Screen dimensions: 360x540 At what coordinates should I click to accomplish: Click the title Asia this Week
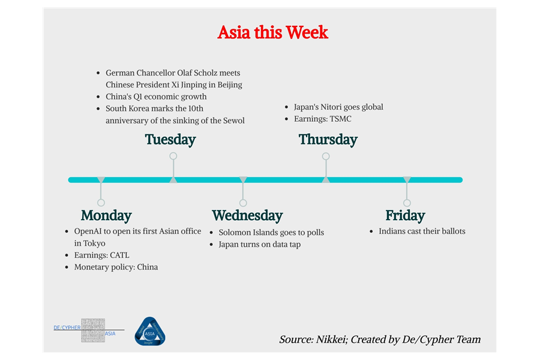point(272,32)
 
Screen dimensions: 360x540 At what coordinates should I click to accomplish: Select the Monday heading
point(106,215)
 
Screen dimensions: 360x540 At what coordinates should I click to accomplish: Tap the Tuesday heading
point(170,140)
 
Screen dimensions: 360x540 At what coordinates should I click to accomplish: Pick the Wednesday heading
point(247,215)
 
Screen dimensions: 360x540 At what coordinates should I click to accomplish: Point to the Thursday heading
point(328,140)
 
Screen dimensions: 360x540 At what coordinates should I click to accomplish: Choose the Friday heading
point(405,215)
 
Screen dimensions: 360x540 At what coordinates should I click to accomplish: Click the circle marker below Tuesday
point(173,156)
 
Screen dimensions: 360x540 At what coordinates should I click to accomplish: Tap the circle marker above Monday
point(101,203)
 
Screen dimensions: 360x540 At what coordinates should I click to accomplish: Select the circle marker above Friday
point(407,203)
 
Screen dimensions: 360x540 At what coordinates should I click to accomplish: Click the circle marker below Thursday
point(326,156)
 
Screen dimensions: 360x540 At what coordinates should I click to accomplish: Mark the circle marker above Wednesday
point(243,203)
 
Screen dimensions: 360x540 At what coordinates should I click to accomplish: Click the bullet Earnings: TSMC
point(322,119)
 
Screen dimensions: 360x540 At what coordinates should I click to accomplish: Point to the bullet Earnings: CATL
point(101,255)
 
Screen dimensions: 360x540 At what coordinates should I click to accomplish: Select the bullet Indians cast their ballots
point(422,231)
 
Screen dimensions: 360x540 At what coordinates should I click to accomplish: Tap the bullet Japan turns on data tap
point(259,244)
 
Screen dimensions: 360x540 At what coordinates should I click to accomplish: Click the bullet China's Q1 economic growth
point(156,97)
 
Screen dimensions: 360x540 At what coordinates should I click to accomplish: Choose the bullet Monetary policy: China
point(116,267)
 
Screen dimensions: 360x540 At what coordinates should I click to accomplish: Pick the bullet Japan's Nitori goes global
point(338,107)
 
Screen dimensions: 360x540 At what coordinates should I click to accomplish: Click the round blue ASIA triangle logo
point(149,331)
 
